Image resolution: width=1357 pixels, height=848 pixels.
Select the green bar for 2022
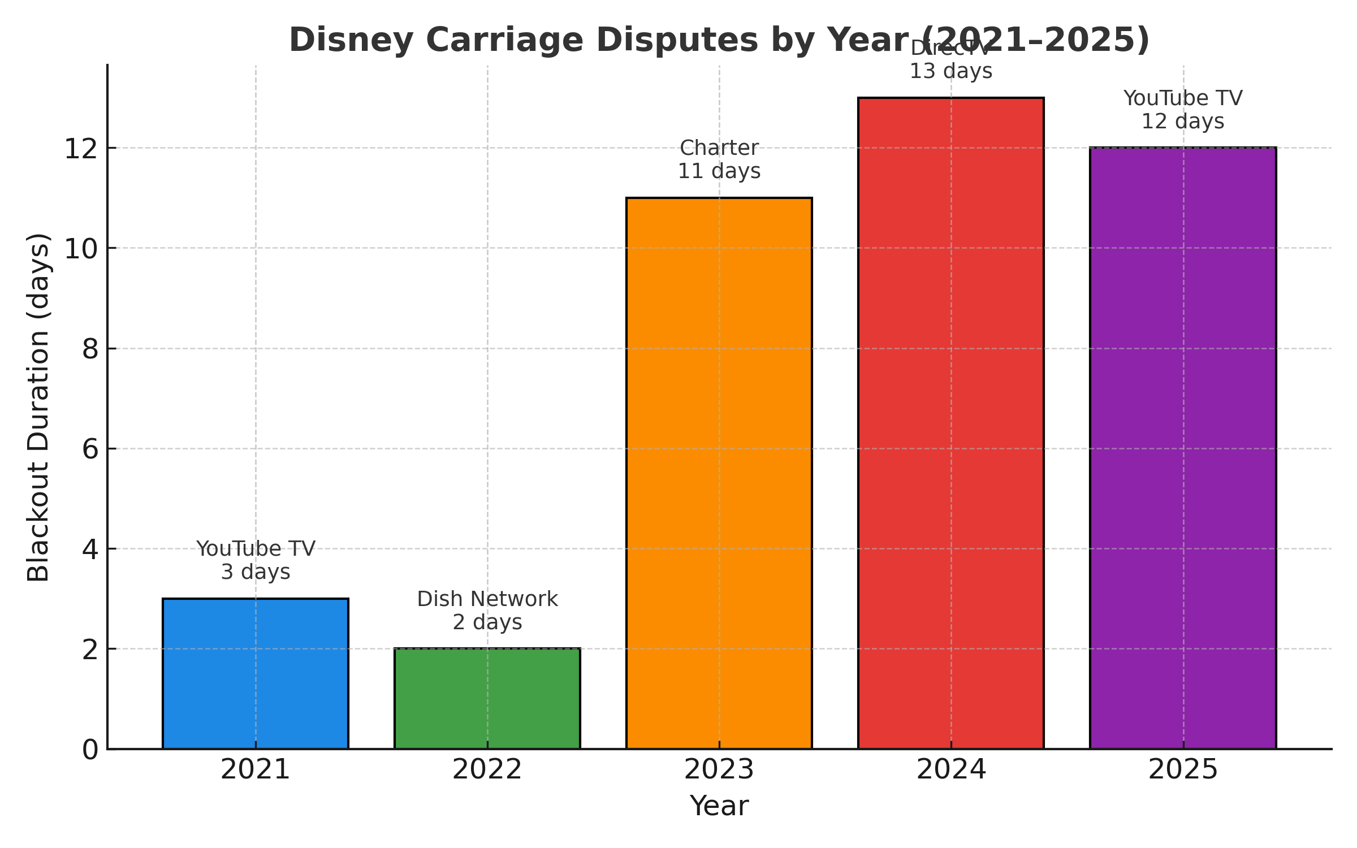[487, 699]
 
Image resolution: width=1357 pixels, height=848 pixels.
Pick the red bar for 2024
[951, 423]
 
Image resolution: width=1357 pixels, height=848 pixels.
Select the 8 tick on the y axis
[90, 349]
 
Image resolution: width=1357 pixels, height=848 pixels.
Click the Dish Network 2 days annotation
[487, 611]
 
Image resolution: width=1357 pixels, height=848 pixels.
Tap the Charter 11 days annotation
[719, 159]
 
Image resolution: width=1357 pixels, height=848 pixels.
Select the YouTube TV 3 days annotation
[256, 560]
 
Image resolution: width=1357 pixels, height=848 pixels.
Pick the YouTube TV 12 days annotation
[1183, 110]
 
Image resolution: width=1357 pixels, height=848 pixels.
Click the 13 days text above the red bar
[951, 72]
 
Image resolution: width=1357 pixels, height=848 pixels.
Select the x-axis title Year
[719, 806]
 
